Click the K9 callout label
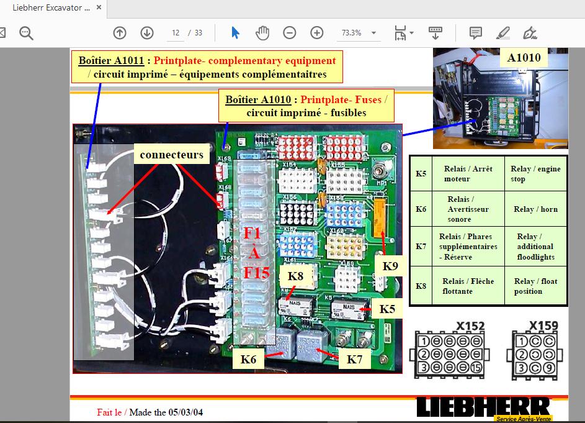[390, 265]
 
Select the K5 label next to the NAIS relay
[387, 307]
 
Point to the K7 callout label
[354, 359]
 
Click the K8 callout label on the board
[295, 275]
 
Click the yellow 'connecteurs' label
[171, 154]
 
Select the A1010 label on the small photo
[524, 58]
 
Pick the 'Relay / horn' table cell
[535, 209]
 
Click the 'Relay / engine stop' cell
[535, 174]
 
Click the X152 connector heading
[470, 325]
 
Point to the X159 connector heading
[543, 325]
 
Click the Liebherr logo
[483, 408]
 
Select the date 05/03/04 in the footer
[185, 412]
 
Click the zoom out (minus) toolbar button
[290, 33]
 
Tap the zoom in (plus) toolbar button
[317, 33]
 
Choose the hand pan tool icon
[262, 33]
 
